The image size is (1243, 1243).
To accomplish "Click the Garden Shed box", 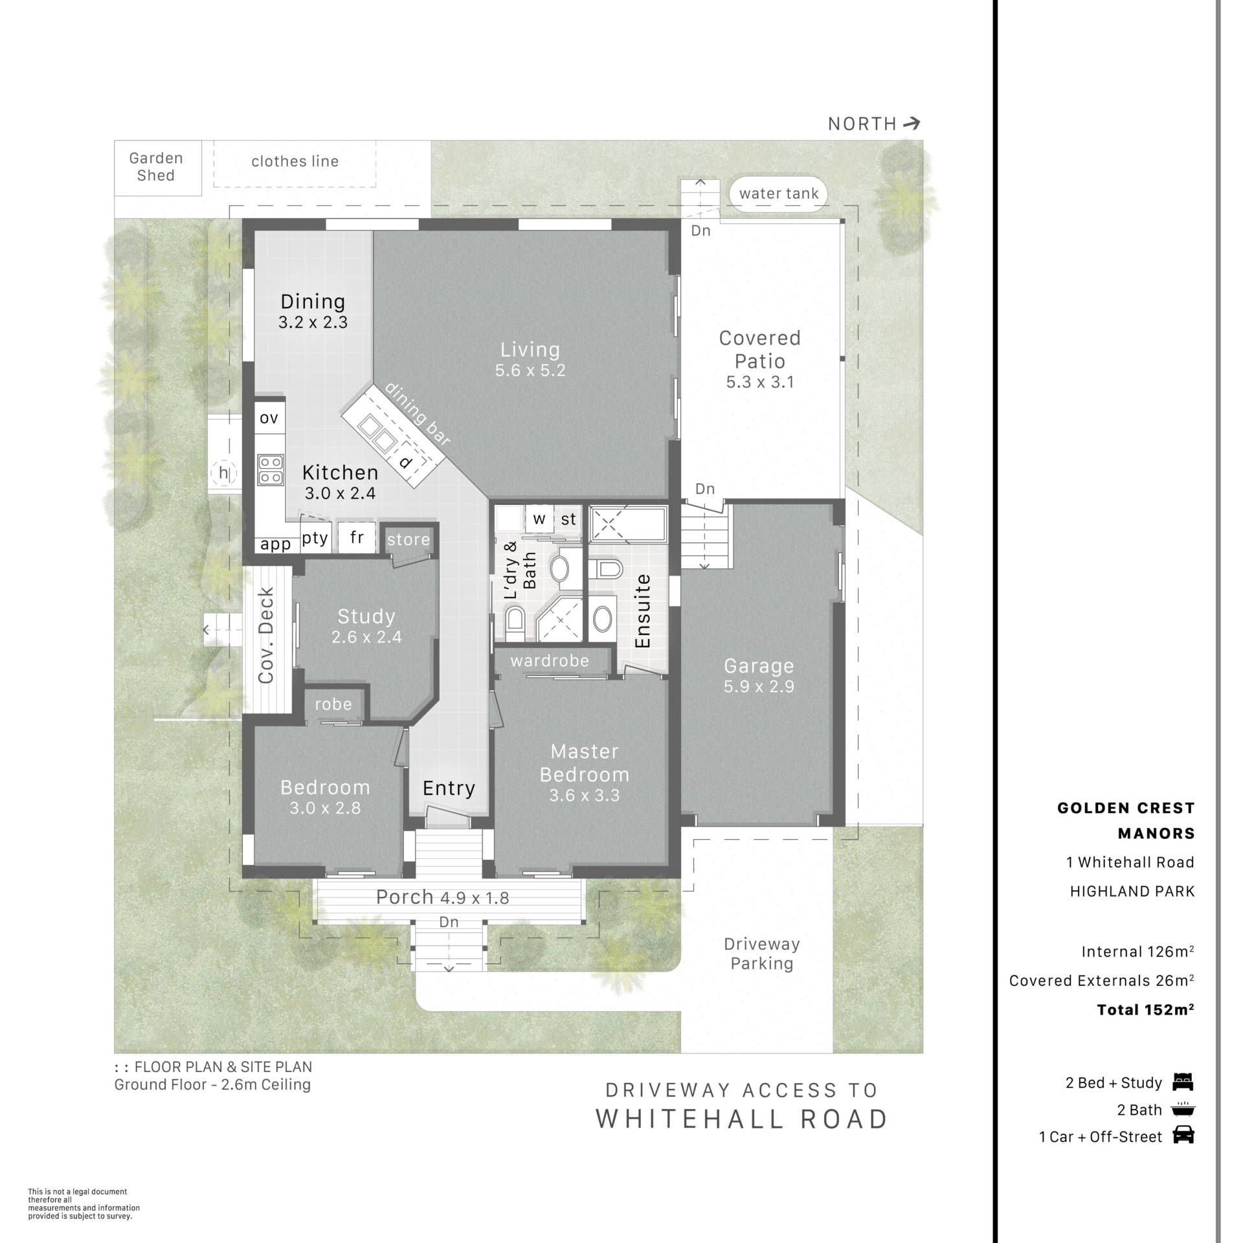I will click(156, 167).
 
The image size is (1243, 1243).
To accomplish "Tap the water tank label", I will click(778, 194).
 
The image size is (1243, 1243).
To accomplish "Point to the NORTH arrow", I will click(912, 123).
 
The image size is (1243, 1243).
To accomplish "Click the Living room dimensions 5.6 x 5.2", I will click(530, 370).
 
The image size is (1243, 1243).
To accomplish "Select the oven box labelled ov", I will click(269, 418).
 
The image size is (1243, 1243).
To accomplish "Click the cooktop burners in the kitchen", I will click(270, 470).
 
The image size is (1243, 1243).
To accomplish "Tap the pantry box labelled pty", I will click(315, 538).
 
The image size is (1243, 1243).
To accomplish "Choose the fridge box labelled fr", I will click(357, 537).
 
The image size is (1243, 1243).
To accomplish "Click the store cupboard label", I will click(409, 539).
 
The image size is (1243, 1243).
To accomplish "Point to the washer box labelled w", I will click(539, 519).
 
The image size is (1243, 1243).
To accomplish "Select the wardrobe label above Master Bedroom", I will click(550, 660).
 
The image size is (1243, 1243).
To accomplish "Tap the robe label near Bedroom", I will click(333, 704).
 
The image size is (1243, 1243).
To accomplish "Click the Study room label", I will click(366, 616).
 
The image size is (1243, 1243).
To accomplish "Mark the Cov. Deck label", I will click(266, 636).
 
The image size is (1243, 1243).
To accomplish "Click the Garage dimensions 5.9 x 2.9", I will click(759, 686).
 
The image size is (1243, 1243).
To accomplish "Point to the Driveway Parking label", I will click(762, 954).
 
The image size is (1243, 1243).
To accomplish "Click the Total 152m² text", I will click(1145, 1010).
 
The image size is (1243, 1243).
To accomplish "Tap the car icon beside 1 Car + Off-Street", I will click(1183, 1136).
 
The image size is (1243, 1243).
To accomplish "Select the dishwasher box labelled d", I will click(406, 461).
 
